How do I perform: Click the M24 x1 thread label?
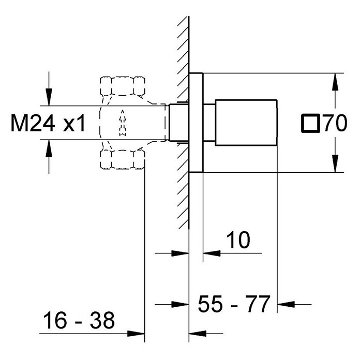pos(48,123)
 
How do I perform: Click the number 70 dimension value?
pos(335,123)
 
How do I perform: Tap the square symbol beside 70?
pos(310,123)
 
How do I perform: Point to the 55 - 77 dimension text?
pos(234,304)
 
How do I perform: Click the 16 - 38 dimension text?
pos(79,320)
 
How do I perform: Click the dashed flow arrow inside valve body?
pos(123,123)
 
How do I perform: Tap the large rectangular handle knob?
pos(246,123)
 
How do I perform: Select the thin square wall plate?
pos(196,123)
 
